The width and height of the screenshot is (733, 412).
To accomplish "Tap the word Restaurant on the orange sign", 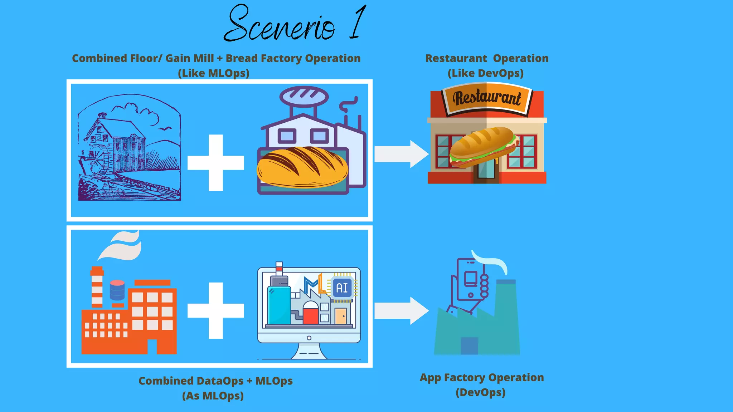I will point(487,98).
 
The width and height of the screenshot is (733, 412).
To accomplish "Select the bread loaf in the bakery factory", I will point(302,167).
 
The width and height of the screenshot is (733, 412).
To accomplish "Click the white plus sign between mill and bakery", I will point(216,163).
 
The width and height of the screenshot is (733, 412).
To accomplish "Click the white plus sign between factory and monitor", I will point(216,310).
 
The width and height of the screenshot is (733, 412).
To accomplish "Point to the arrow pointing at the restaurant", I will point(401,154).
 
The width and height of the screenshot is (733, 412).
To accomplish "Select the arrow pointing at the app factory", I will point(401,310).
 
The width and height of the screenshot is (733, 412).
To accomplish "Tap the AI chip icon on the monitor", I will point(342,288).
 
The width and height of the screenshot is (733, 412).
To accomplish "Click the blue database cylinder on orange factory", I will point(117,290).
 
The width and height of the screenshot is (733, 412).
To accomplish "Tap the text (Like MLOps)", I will point(214,73).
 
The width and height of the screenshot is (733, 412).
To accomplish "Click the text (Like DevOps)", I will point(486,73).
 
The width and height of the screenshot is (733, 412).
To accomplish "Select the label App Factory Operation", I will point(482,378).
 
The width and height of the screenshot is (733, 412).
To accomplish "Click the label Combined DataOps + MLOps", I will point(215,381).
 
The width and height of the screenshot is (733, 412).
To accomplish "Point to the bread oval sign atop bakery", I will point(304,96).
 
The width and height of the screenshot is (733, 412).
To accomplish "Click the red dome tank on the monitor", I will point(310,313).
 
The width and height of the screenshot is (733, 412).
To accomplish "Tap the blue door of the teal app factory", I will point(469,345).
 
